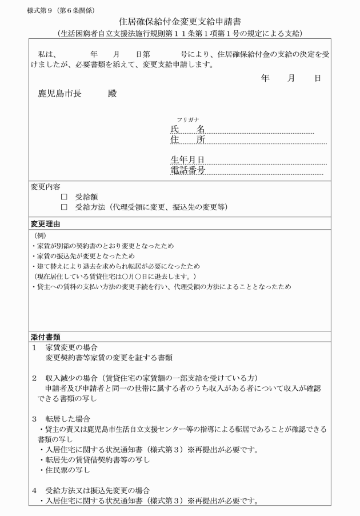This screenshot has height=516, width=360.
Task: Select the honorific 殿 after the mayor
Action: click(112, 94)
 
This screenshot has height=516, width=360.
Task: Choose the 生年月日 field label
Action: click(187, 159)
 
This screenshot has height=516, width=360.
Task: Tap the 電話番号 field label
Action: click(187, 170)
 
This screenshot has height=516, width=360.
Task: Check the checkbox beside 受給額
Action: click(64, 197)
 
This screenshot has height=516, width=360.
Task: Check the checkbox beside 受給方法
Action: click(64, 207)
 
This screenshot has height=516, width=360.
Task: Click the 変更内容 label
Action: click(45, 186)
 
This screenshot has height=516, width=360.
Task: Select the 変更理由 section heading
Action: click(45, 223)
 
